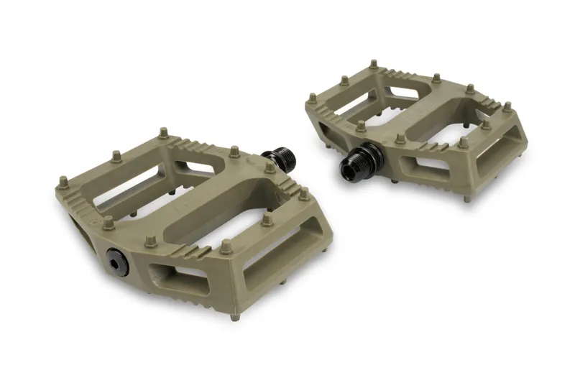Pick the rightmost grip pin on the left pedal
305,193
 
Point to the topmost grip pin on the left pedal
163,133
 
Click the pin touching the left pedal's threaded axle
270,167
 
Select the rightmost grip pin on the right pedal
507,107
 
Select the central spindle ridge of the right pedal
417,115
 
